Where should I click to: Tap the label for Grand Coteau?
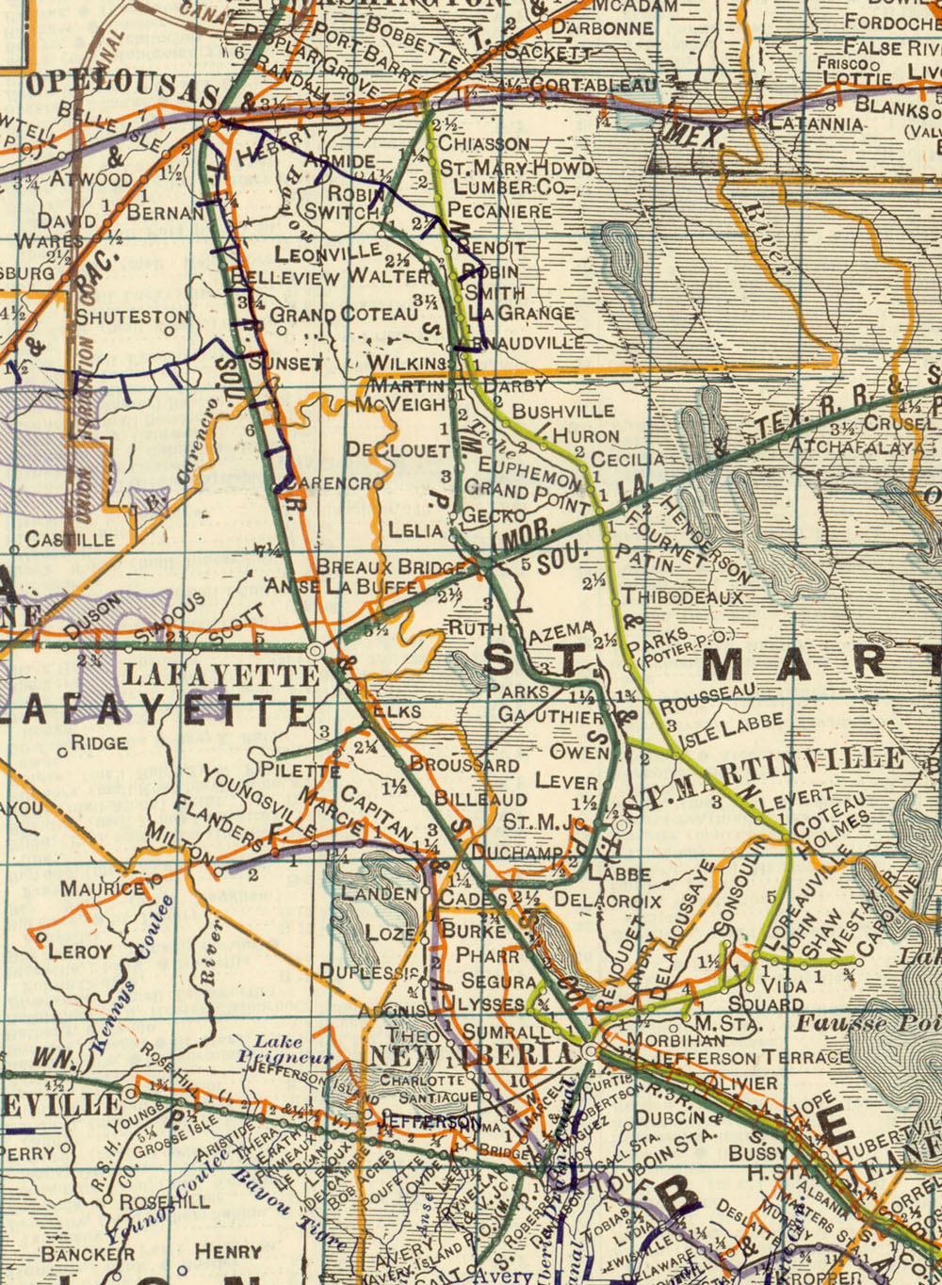pyautogui.click(x=344, y=314)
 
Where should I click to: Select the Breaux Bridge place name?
pyautogui.click(x=392, y=567)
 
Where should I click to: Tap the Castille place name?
pyautogui.click(x=70, y=540)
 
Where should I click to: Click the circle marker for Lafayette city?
pyautogui.click(x=316, y=650)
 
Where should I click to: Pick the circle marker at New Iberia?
pyautogui.click(x=590, y=1050)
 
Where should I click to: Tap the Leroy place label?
pyautogui.click(x=80, y=951)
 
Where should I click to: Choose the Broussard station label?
pyautogui.click(x=463, y=764)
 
